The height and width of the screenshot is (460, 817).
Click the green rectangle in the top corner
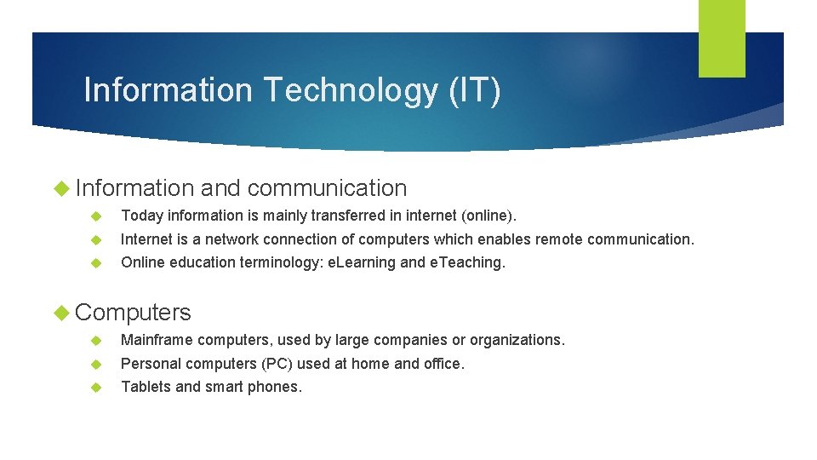click(x=722, y=38)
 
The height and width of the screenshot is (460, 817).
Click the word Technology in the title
click(x=351, y=89)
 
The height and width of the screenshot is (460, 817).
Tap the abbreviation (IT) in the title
click(x=475, y=89)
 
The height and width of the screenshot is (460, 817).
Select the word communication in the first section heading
click(x=328, y=188)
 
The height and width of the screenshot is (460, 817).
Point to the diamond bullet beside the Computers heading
click(x=62, y=313)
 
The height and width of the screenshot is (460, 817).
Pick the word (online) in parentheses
click(x=488, y=216)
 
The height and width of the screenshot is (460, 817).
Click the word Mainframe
click(x=157, y=340)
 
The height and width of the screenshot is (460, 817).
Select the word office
click(x=444, y=364)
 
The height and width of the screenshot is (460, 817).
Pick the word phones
click(x=277, y=387)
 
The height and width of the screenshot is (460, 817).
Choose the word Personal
click(x=150, y=364)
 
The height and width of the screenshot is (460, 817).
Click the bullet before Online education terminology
click(x=97, y=263)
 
